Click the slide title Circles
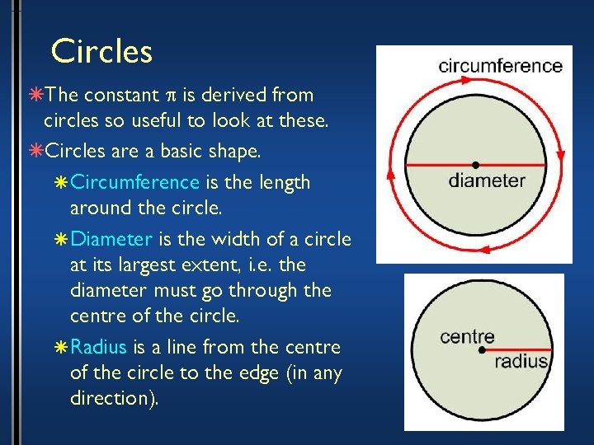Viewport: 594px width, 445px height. [101, 51]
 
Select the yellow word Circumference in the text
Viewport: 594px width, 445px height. [134, 182]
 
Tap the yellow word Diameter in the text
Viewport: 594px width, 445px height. [111, 240]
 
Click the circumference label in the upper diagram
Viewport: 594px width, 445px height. [500, 66]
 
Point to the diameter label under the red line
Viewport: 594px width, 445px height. [487, 180]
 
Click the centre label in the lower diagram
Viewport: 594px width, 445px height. [467, 336]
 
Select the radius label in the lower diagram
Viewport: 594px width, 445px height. [521, 361]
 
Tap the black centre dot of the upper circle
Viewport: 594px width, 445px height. [475, 165]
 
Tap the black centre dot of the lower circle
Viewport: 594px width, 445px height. [483, 350]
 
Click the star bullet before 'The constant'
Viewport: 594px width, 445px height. [35, 96]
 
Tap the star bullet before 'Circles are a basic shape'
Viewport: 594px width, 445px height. [35, 152]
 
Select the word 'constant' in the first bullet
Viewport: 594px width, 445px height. [126, 96]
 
